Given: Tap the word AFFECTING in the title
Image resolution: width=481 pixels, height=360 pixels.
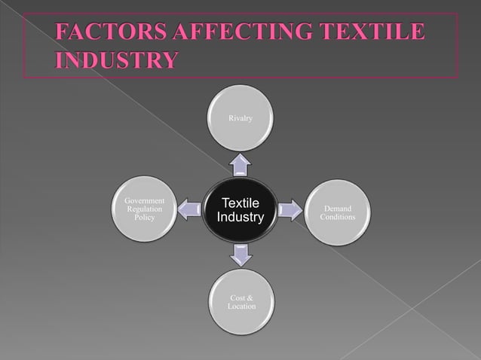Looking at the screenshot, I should click(x=231, y=33).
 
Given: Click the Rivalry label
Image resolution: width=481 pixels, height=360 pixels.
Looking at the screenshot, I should click(x=240, y=118).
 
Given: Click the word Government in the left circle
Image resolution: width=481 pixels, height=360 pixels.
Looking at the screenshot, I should click(x=143, y=201).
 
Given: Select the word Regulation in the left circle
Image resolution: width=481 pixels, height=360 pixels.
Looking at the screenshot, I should click(x=143, y=209).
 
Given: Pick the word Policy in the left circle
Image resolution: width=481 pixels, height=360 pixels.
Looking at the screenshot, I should click(x=143, y=218).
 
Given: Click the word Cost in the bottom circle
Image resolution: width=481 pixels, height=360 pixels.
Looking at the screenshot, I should click(x=236, y=298).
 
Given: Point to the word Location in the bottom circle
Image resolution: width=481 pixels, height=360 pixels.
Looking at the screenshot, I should click(x=241, y=307).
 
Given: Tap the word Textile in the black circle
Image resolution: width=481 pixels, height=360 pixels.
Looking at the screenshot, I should click(x=240, y=203).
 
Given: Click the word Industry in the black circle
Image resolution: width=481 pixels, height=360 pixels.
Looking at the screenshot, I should click(x=240, y=218).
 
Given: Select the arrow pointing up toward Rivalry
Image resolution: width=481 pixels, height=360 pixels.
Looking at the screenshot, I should click(x=240, y=163).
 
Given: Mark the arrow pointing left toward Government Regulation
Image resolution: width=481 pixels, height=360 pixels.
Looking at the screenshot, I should click(x=191, y=210).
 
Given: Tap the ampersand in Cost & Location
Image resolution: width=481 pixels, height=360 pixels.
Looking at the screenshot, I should click(x=250, y=298).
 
